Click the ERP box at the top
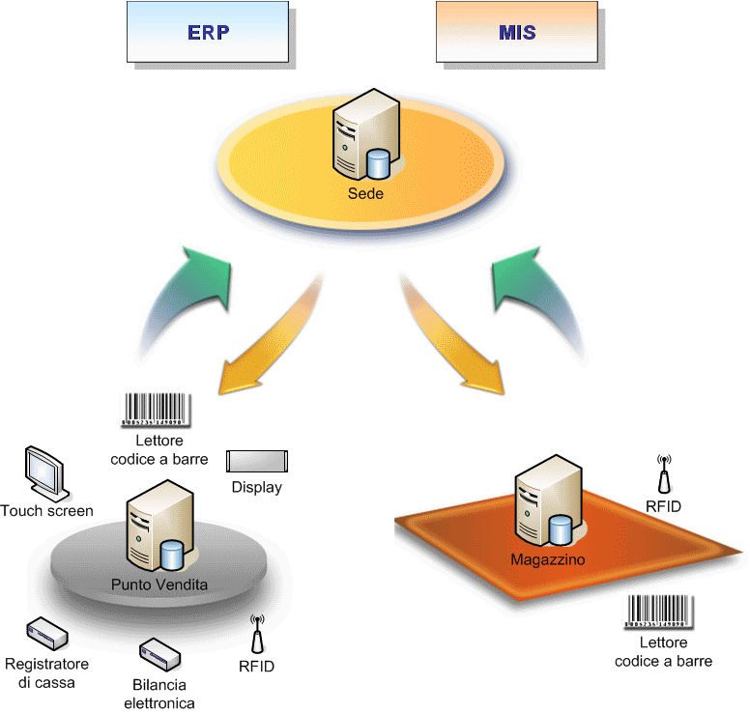207,31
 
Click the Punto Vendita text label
159,585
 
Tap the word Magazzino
547,559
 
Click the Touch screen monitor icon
46,472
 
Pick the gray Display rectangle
257,461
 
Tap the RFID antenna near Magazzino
664,475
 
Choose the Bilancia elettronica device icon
159,655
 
